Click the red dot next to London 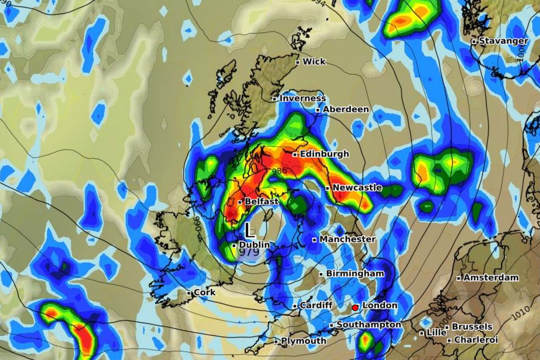click(x=355, y=307)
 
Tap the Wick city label click(x=314, y=62)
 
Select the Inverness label click(x=302, y=98)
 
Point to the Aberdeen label click(x=346, y=109)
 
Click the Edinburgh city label click(x=324, y=154)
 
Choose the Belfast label click(x=261, y=202)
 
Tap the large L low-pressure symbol click(x=250, y=231)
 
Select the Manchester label click(x=347, y=239)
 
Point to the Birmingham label click(x=355, y=274)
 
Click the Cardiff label click(x=316, y=306)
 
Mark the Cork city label click(x=204, y=292)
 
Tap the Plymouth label click(x=303, y=341)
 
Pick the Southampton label click(x=369, y=325)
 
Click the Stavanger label click(x=503, y=41)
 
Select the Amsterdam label click(x=490, y=278)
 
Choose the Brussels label click(x=472, y=327)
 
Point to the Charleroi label click(x=476, y=340)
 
